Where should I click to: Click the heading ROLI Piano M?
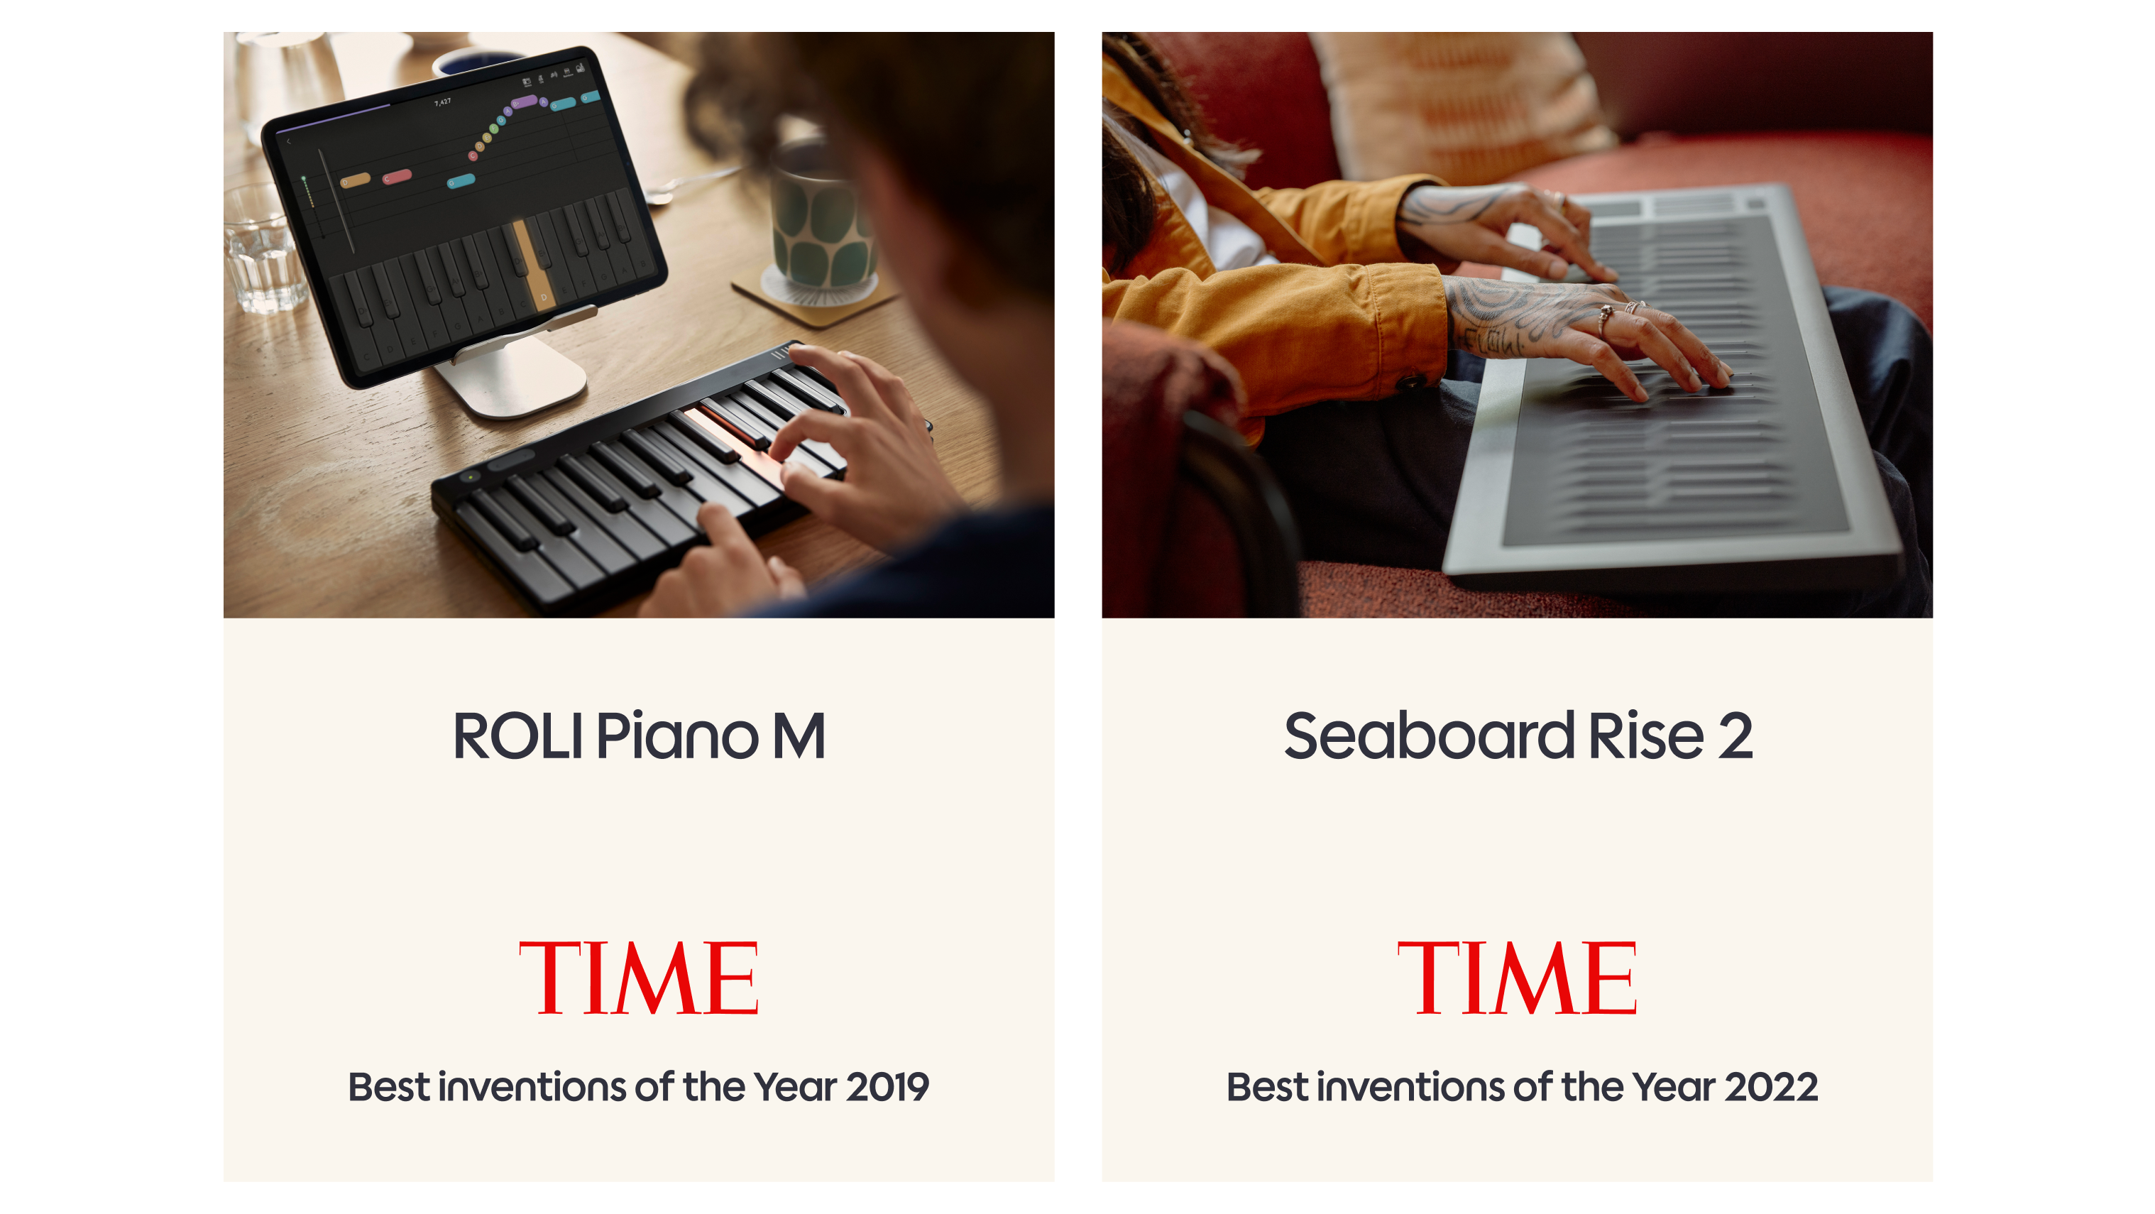click(638, 736)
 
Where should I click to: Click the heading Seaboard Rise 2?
click(1518, 736)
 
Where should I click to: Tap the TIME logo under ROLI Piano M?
click(638, 977)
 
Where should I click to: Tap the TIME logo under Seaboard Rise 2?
click(1517, 977)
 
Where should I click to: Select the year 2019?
click(887, 1087)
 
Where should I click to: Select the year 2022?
click(1771, 1087)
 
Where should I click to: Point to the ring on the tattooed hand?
click(1606, 317)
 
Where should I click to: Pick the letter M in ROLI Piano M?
click(798, 736)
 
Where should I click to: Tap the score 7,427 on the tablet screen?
click(442, 102)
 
